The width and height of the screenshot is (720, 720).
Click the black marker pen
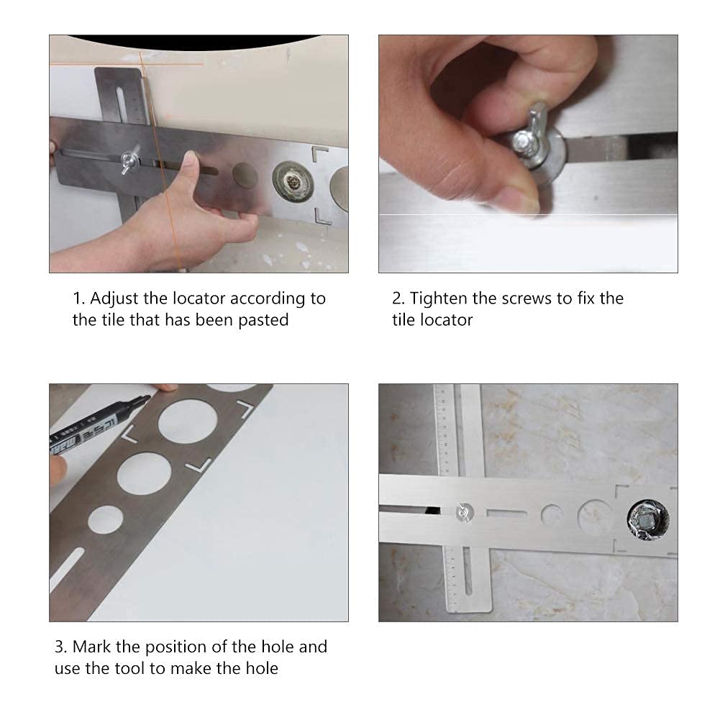[98, 425]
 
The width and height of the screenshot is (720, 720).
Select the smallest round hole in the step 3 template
[106, 520]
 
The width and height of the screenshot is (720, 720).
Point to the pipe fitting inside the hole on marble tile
[648, 520]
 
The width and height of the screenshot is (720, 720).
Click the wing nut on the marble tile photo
[465, 512]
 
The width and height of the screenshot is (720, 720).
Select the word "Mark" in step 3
[92, 647]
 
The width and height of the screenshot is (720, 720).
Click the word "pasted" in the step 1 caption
[263, 321]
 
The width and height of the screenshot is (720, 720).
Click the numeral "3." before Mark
[60, 647]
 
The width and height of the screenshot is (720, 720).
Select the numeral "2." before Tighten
[398, 299]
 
